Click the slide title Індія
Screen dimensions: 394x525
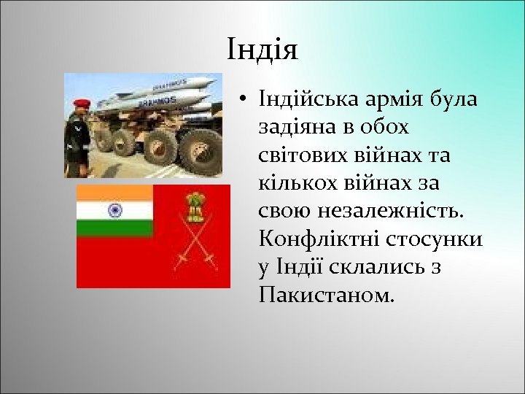point(262,50)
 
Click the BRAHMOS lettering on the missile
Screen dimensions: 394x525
point(163,100)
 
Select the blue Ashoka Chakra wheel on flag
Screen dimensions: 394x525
point(114,210)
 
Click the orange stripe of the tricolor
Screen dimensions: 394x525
point(114,193)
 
